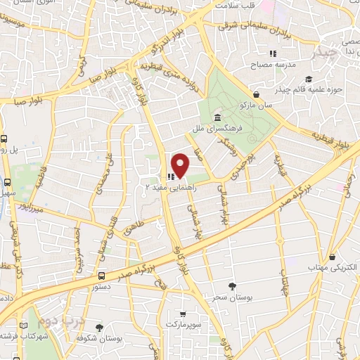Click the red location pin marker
[x=181, y=165]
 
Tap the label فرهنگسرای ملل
[x=220, y=130]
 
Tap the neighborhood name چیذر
[x=328, y=53]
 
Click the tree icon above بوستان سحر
[x=232, y=285]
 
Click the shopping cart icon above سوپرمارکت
[x=183, y=314]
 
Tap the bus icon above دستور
[x=103, y=276]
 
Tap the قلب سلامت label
[x=234, y=6]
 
